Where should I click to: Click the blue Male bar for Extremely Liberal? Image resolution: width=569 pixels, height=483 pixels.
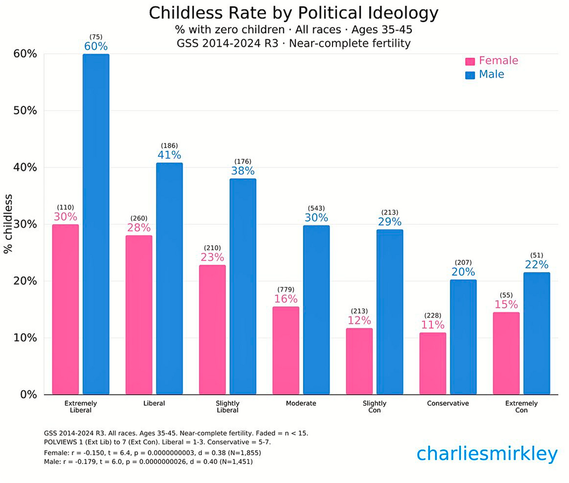tap(96, 224)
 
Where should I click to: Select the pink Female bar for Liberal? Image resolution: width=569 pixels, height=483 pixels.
tap(139, 315)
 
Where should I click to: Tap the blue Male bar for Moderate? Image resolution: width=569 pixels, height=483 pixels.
tap(316, 310)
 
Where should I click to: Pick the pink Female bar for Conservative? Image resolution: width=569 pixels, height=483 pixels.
tap(433, 363)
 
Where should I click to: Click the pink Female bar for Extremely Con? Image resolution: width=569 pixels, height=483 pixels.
tap(506, 353)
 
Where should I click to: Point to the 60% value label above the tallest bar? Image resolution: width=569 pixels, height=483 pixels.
tap(96, 46)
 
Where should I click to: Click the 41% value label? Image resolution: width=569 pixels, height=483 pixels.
tap(169, 155)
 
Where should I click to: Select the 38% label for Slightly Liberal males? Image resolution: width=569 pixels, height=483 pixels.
tap(243, 171)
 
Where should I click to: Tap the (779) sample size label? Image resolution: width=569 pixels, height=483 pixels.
tap(286, 289)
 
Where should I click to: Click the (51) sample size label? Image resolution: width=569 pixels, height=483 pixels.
tap(536, 255)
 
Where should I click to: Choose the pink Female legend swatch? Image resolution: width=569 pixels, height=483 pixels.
tap(470, 61)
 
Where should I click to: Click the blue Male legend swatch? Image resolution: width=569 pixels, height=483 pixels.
tap(470, 75)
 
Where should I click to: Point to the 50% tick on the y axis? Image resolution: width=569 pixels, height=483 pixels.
tap(24, 111)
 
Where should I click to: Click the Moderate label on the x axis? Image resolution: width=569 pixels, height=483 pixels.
tap(301, 403)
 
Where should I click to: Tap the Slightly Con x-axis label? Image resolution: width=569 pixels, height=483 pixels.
tap(375, 407)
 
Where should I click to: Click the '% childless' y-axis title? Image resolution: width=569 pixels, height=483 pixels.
tap(8, 224)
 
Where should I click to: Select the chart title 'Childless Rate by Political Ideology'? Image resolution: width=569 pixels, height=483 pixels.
tap(294, 13)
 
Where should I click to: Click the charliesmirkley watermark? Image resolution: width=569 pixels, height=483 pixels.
tap(487, 453)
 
